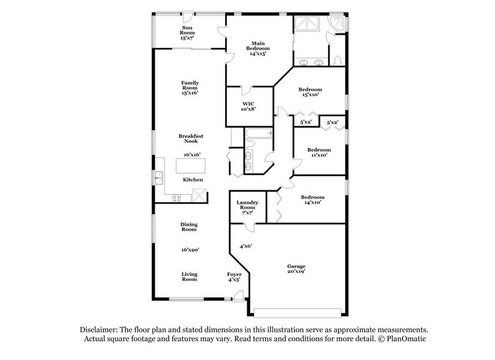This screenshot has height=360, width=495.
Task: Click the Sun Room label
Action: click(x=188, y=33)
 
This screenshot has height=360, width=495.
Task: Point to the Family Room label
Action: click(x=189, y=88)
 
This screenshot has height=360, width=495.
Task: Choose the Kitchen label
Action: click(x=193, y=179)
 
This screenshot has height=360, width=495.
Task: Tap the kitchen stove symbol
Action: click(x=177, y=197)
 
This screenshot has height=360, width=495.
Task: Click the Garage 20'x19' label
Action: click(x=296, y=269)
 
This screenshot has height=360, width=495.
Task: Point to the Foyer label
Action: click(x=234, y=277)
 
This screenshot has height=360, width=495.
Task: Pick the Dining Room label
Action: click(x=189, y=227)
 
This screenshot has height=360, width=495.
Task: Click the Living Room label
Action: click(x=189, y=276)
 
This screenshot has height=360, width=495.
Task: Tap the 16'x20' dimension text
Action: click(x=189, y=249)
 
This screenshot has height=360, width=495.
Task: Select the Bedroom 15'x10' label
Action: click(x=311, y=92)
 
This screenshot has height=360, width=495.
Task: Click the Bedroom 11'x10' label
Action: click(x=319, y=152)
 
